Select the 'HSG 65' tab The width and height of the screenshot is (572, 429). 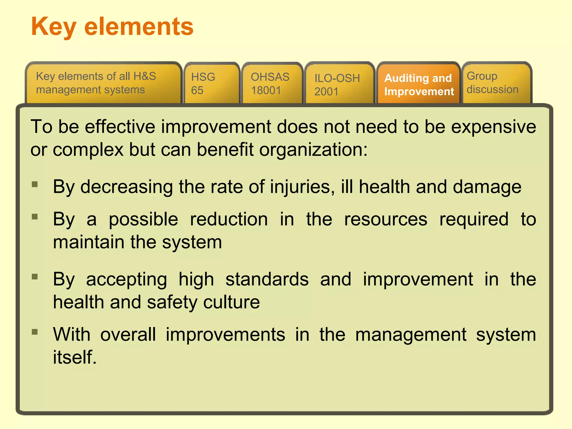(x=211, y=83)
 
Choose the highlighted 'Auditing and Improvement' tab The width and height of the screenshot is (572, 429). (x=418, y=84)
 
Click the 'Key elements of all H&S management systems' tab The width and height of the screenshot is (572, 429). (x=103, y=83)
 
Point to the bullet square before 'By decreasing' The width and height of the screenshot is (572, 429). (x=35, y=184)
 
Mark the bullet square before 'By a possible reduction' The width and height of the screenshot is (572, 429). (x=35, y=217)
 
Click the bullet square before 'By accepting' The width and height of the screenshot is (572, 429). (x=35, y=277)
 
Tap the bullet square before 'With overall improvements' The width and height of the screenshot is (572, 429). (x=35, y=332)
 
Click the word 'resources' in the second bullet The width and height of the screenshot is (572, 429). (x=386, y=220)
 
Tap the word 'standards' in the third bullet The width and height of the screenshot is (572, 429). (x=267, y=279)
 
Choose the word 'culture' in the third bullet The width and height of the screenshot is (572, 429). (x=232, y=302)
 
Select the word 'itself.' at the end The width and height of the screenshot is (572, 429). (x=75, y=357)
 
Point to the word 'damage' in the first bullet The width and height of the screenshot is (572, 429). (x=487, y=187)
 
